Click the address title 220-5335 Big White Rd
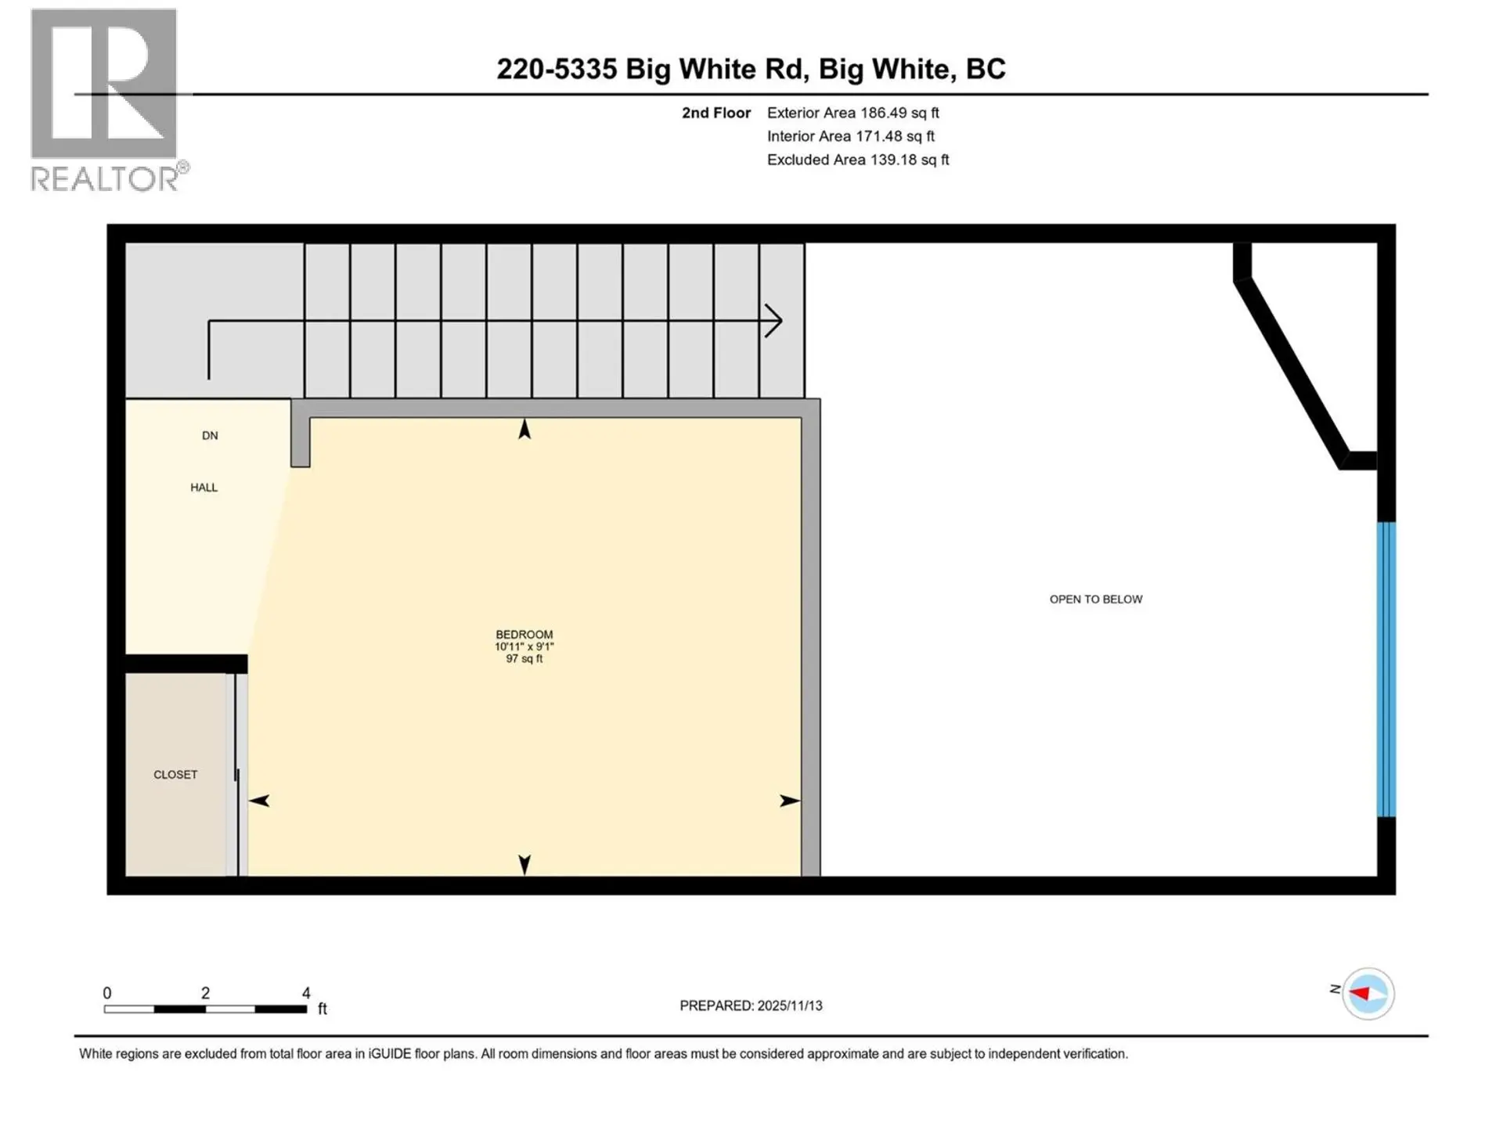[751, 69]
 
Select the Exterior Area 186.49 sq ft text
[852, 113]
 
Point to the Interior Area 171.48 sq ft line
[850, 136]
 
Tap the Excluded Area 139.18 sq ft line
[857, 160]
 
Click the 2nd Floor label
[715, 113]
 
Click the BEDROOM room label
[524, 634]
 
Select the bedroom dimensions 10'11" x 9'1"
[524, 646]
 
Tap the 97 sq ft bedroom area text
[524, 659]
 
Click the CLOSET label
[175, 774]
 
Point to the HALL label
[204, 487]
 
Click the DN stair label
[210, 435]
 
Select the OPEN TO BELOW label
[1095, 599]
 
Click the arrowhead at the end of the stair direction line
[774, 321]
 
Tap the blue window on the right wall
[1386, 669]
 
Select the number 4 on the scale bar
[306, 992]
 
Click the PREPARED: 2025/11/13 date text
[751, 1006]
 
